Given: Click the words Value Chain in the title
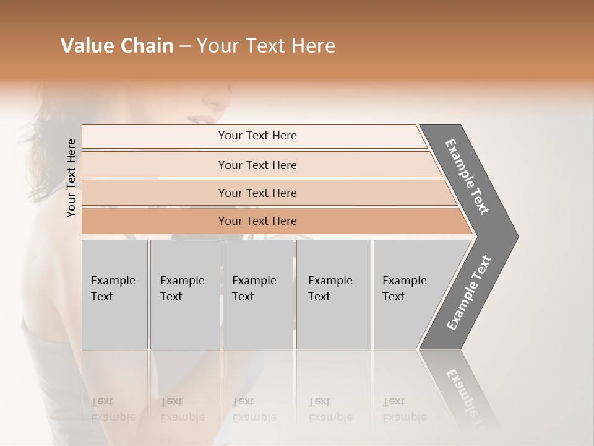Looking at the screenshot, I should click(x=117, y=46).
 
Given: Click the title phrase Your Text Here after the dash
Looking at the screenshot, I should click(x=266, y=46).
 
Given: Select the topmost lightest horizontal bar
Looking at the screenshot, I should click(x=257, y=136).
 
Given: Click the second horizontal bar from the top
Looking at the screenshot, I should click(x=257, y=165).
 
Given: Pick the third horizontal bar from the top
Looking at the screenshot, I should click(x=257, y=193).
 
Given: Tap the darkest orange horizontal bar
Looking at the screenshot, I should click(x=257, y=221).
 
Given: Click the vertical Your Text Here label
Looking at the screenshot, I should click(x=71, y=178).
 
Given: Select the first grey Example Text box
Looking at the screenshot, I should click(x=114, y=294).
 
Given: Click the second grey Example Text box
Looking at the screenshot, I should click(x=184, y=294).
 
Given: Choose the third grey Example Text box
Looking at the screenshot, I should click(x=257, y=294).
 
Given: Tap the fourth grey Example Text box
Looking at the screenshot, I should click(x=333, y=294).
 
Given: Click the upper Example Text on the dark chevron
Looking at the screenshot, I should click(x=467, y=177).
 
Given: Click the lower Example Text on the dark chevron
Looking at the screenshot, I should click(x=469, y=292).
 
